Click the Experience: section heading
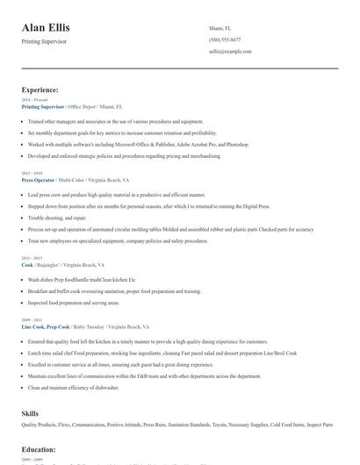click(x=40, y=89)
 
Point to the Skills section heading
click(x=30, y=411)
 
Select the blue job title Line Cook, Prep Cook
click(x=47, y=325)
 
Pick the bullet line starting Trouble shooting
click(x=57, y=217)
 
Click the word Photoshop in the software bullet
click(x=237, y=143)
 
